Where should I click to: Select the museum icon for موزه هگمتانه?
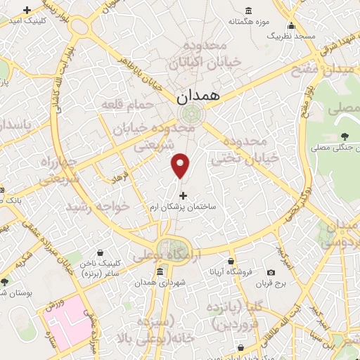pos(249,11)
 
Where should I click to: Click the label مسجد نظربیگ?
pos(293,35)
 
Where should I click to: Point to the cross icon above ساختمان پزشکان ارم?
pos(184,195)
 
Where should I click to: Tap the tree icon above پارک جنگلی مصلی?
pos(344,136)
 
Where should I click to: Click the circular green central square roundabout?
pos(189,113)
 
